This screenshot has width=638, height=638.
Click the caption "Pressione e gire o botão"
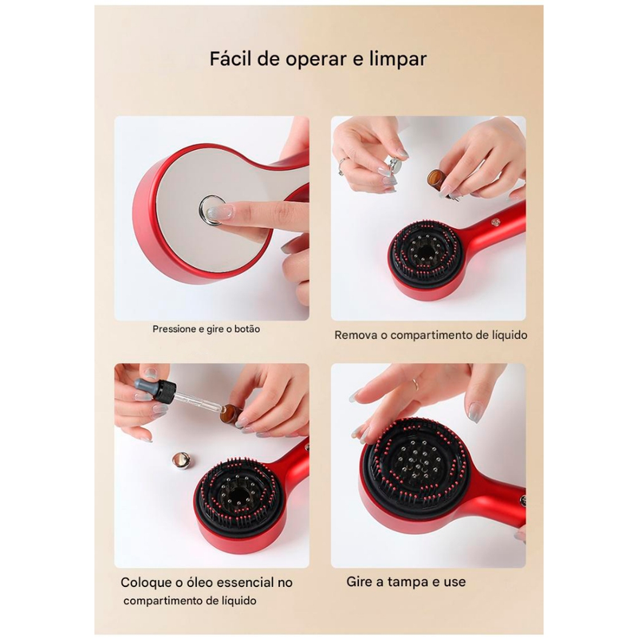pyautogui.click(x=207, y=329)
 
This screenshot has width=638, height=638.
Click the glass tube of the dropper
pyautogui.click(x=199, y=404)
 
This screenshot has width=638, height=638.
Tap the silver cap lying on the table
pyautogui.click(x=181, y=459)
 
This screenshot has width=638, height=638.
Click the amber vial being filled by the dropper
pyautogui.click(x=231, y=414)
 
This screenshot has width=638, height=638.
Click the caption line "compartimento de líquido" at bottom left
pyautogui.click(x=190, y=601)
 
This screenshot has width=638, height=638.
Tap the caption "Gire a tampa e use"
pyautogui.click(x=406, y=581)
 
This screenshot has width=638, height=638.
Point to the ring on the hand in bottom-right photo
pyautogui.click(x=415, y=384)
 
